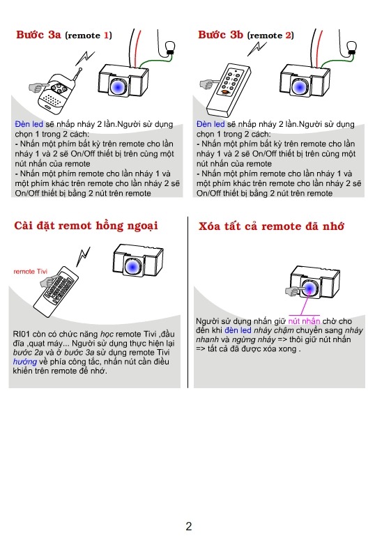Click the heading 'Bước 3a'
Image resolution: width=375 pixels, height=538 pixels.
[38, 35]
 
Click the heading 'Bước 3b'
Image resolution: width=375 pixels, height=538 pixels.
[220, 35]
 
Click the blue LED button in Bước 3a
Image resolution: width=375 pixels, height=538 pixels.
[118, 86]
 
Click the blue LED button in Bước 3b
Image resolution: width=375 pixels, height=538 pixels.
[299, 86]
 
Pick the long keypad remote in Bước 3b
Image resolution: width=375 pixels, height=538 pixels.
[229, 90]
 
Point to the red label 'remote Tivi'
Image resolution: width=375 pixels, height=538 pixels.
[30, 271]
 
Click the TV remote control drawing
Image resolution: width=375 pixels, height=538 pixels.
[56, 291]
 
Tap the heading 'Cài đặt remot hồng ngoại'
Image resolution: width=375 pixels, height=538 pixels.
[86, 226]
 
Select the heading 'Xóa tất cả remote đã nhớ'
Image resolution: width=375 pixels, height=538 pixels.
[271, 226]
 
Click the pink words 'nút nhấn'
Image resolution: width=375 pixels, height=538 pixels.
[304, 321]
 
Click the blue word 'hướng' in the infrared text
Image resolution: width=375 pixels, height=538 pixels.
[24, 362]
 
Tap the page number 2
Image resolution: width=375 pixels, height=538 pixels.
[189, 526]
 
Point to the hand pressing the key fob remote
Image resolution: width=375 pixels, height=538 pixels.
[38, 87]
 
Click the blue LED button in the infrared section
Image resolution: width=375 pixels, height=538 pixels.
[132, 266]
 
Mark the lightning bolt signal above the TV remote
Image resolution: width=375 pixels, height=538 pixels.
[84, 256]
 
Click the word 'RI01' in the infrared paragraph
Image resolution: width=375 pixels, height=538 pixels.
[22, 335]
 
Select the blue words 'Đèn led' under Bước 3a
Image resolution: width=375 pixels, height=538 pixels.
[29, 124]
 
